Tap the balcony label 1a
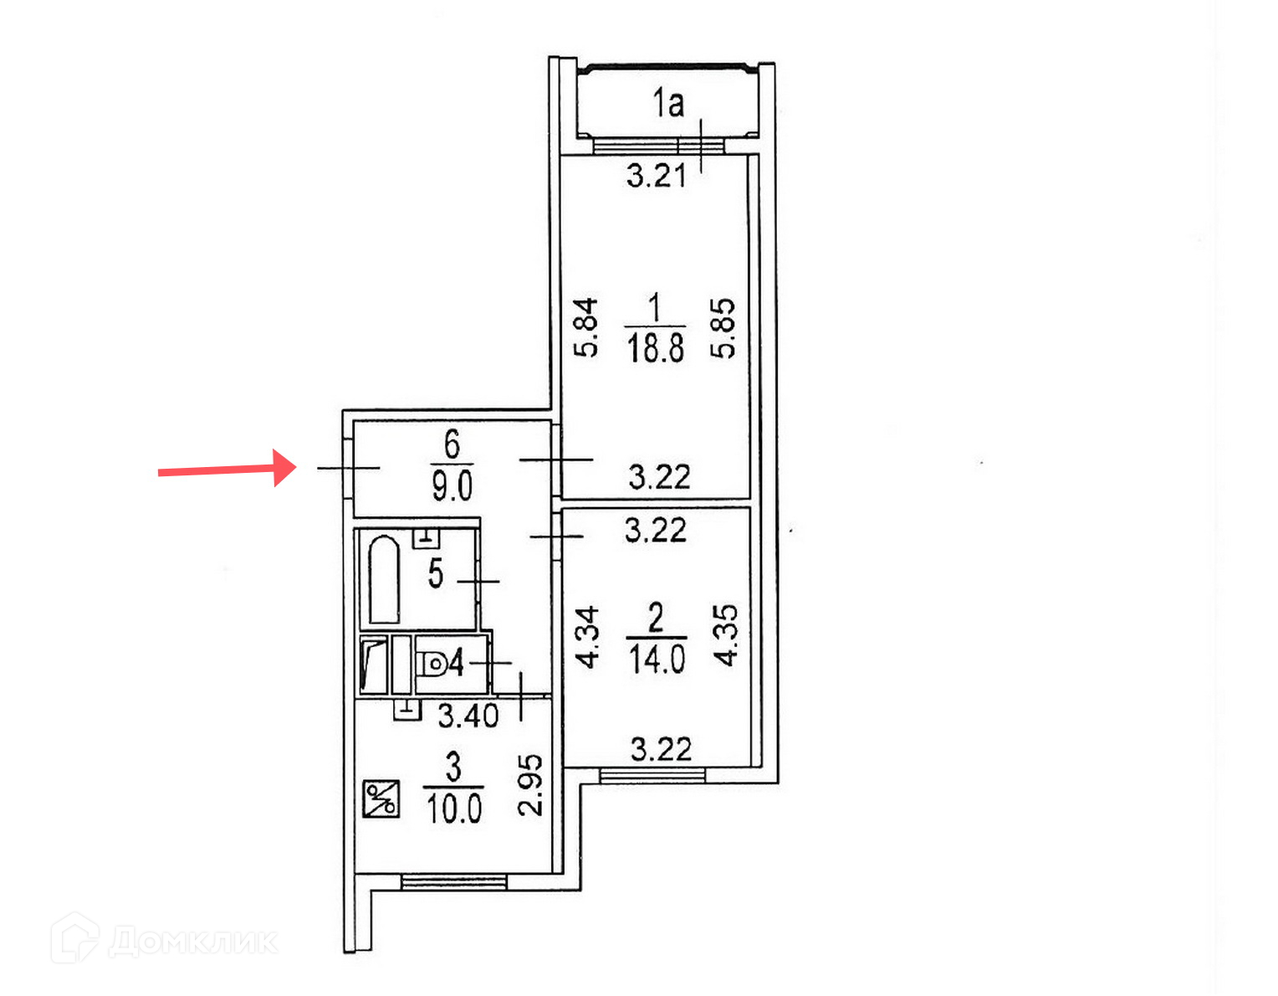[667, 103]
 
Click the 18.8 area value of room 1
[655, 347]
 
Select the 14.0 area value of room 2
[657, 659]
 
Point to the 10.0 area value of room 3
[453, 809]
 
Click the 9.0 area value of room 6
[452, 485]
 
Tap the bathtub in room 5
[383, 579]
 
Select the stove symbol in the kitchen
[381, 798]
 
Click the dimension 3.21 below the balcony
[657, 176]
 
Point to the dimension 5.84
[587, 327]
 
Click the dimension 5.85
[723, 327]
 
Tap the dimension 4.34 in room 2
[589, 637]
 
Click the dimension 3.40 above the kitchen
[468, 716]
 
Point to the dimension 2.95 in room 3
[531, 784]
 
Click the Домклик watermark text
[192, 941]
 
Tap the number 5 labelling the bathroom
[435, 574]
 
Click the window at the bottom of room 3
[453, 881]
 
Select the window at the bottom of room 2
[652, 775]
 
